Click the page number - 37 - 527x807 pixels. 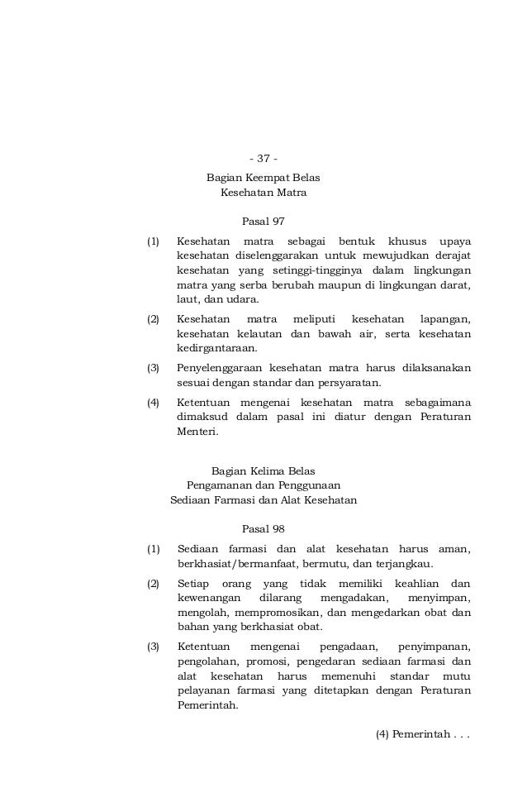[x=263, y=159]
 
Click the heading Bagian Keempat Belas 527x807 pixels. [x=263, y=178]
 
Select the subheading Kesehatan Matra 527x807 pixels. [x=263, y=193]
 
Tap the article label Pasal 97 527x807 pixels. [x=263, y=222]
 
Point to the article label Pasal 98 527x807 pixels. [x=263, y=529]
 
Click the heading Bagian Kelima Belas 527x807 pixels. [x=263, y=470]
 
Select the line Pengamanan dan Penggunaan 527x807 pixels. [x=263, y=485]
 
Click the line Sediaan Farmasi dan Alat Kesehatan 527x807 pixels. [x=263, y=500]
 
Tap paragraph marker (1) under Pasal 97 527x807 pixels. [x=153, y=241]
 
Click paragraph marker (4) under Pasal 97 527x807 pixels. [x=153, y=403]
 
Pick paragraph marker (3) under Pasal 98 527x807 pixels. [x=153, y=647]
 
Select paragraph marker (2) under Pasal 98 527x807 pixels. [x=153, y=584]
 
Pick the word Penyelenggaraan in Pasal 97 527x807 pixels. [x=219, y=368]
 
